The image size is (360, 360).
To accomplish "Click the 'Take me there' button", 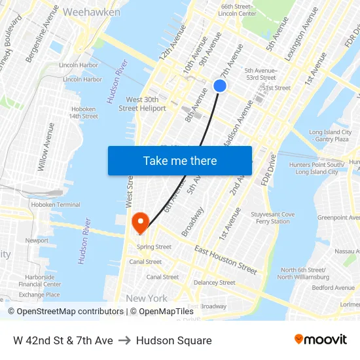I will [x=180, y=160].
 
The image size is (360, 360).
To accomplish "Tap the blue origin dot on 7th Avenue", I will [x=220, y=86].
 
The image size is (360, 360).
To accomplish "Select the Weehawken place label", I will [x=92, y=12].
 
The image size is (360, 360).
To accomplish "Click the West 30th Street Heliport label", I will [x=142, y=103].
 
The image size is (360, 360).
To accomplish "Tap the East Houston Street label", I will [x=226, y=260].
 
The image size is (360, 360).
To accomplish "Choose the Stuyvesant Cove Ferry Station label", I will [x=274, y=218].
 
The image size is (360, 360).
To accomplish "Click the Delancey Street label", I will [x=214, y=283].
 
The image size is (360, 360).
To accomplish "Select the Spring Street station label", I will [x=154, y=247].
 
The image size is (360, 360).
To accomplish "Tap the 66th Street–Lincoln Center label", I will [x=237, y=10].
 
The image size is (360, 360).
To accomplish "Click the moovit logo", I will [x=320, y=340].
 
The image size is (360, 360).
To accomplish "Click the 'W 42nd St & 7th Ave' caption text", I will [x=63, y=340].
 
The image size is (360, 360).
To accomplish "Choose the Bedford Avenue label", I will [x=333, y=287].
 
